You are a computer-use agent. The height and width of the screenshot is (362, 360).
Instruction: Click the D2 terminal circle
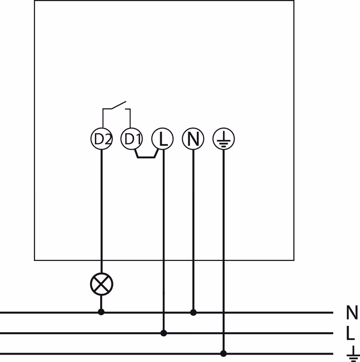click(x=101, y=139)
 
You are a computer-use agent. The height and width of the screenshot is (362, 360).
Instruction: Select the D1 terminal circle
click(x=131, y=139)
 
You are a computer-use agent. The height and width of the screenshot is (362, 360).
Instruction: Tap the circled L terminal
click(x=162, y=139)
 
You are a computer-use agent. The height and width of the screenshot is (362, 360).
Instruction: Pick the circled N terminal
click(x=193, y=139)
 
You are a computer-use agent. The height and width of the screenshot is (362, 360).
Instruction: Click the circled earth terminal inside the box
click(x=224, y=139)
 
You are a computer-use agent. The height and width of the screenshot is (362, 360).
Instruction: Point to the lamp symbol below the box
click(x=101, y=284)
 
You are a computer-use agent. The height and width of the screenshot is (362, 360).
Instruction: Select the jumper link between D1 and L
click(x=146, y=156)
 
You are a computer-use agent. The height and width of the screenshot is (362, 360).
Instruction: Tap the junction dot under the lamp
click(x=101, y=312)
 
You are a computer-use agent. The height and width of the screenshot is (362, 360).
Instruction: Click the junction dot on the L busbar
click(x=163, y=333)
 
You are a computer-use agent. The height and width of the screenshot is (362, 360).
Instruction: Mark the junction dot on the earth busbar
click(x=224, y=353)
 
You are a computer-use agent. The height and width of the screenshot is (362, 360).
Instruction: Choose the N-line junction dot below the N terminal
click(x=193, y=312)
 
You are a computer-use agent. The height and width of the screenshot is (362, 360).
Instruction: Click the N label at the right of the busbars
click(x=352, y=313)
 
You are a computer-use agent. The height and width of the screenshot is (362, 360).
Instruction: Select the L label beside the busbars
click(x=350, y=333)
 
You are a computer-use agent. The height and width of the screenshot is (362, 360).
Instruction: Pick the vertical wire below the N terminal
click(x=193, y=226)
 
